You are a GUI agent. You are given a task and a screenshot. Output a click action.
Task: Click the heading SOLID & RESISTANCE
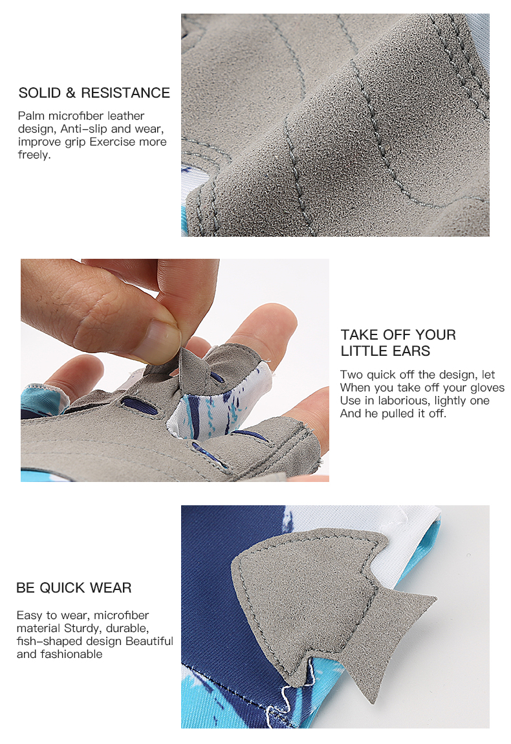tap(94, 93)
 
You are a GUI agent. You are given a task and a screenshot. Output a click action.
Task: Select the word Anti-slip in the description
tap(83, 129)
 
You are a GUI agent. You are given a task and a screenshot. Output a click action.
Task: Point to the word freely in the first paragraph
tap(33, 155)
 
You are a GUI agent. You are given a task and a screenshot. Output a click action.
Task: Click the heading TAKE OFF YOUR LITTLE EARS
tap(398, 343)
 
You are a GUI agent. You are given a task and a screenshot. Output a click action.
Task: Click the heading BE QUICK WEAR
tap(74, 588)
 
